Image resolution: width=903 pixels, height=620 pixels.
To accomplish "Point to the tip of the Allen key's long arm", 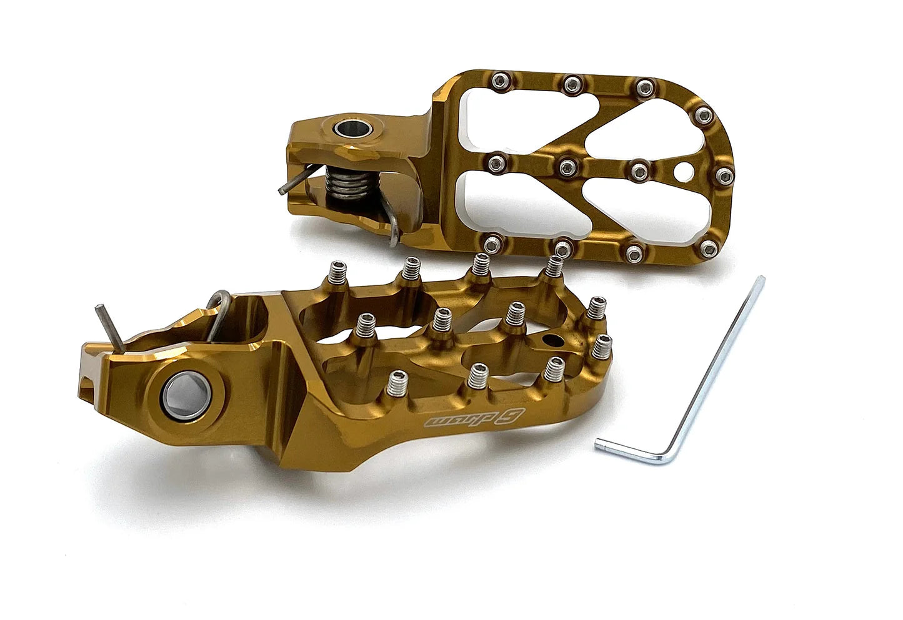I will [x=760, y=280].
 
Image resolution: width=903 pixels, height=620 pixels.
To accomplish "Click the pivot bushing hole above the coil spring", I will [x=346, y=129].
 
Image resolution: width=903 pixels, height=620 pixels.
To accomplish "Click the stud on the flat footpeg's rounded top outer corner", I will [x=704, y=114].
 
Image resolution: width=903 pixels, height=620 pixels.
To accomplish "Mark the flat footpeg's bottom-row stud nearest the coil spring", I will [x=492, y=242].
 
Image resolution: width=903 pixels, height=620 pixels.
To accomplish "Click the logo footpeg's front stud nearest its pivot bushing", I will [x=398, y=381].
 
